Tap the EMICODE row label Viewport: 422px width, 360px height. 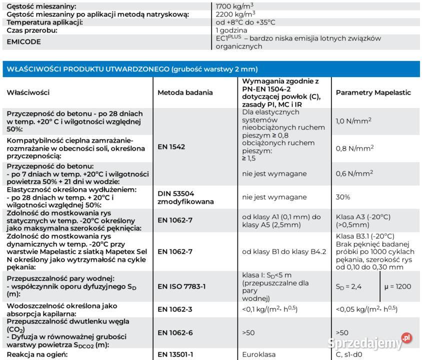tap(24, 42)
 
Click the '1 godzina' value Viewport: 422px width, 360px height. tap(231, 30)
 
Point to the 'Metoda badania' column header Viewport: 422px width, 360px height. tap(185, 92)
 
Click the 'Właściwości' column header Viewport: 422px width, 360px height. tap(28, 92)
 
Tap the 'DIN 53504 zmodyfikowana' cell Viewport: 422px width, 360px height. tap(186, 197)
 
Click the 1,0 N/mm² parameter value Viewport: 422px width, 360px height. tap(352, 121)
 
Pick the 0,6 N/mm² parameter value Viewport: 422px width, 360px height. tap(352, 173)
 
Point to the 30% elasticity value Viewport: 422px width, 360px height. tap(343, 197)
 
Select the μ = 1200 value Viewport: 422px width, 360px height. tap(397, 286)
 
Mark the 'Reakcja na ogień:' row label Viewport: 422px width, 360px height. tap(37, 354)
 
